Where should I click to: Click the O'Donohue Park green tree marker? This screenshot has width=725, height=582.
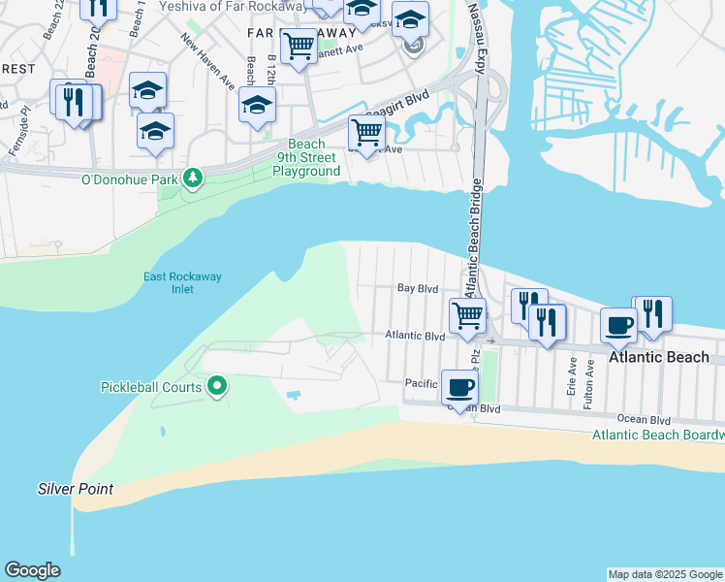(193, 178)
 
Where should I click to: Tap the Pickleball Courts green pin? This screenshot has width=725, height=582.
(218, 387)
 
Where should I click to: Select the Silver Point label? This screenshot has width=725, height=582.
(76, 489)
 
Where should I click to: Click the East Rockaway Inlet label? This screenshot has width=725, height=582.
(182, 282)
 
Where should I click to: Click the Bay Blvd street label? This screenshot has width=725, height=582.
(419, 288)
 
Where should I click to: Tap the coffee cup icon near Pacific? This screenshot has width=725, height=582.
(459, 388)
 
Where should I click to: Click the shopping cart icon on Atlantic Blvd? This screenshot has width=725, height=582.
(468, 315)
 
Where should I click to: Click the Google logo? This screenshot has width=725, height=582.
(32, 570)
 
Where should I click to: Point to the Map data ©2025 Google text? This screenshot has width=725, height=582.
(665, 574)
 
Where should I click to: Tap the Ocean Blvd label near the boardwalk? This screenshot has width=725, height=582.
(646, 420)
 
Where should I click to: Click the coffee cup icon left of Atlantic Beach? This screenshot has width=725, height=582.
(618, 325)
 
